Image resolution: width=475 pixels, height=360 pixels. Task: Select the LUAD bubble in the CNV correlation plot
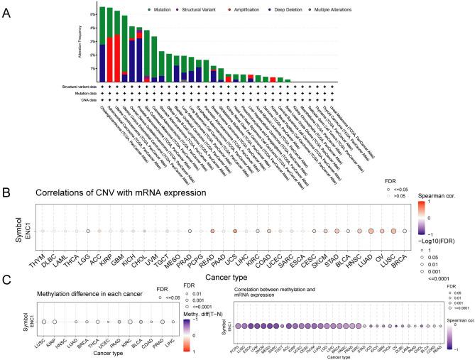[370, 231]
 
